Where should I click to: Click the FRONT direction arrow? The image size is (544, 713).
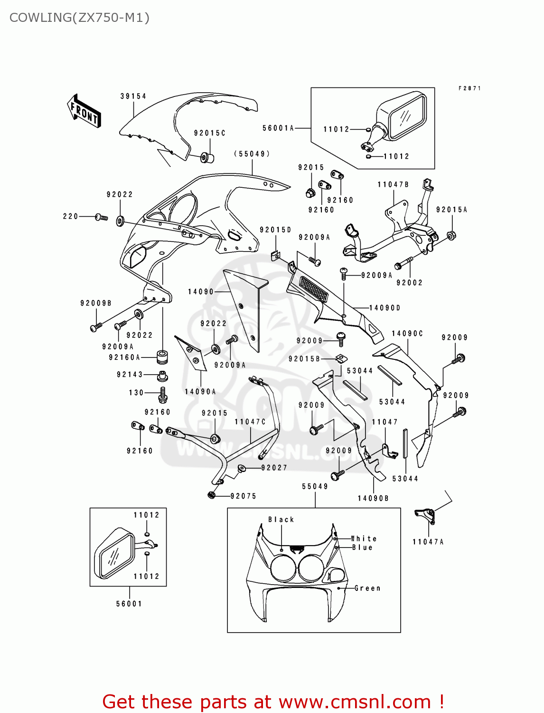84,111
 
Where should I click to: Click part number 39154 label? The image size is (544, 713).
133,96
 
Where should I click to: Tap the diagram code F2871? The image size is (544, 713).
469,88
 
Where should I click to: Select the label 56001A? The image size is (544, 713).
278,128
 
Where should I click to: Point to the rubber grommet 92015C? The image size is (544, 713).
207,157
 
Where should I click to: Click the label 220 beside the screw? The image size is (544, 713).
70,216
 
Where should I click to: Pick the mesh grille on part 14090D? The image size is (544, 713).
313,289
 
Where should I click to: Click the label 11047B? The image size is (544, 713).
393,184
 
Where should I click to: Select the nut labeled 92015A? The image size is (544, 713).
451,235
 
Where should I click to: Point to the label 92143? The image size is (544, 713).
130,375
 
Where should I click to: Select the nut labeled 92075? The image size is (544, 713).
212,495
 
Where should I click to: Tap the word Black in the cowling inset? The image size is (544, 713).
281,520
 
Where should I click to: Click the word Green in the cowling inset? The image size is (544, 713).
367,588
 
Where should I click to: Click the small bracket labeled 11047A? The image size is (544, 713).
425,515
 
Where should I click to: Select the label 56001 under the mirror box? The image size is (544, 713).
129,604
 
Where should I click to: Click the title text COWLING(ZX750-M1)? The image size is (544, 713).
79,18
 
